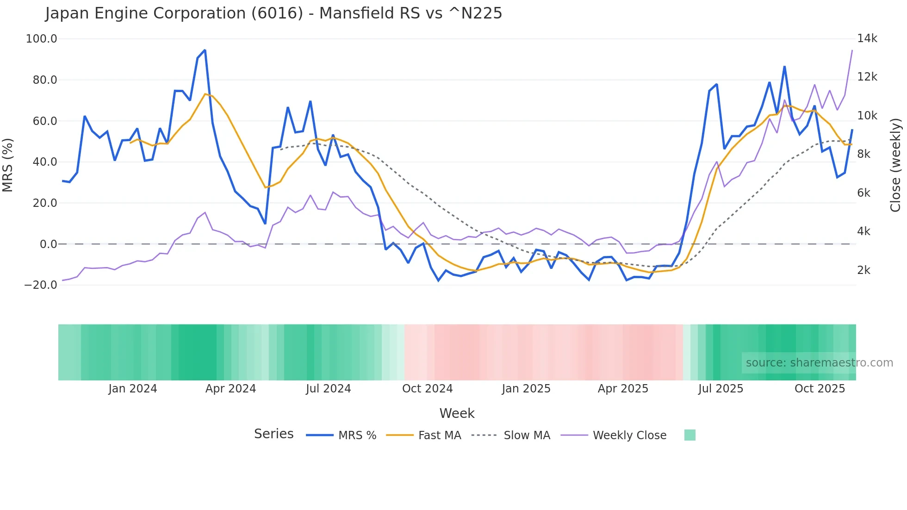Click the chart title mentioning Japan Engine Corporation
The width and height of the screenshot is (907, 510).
point(273,13)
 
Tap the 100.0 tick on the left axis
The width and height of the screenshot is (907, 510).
point(41,39)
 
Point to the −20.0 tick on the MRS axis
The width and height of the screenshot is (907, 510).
point(41,285)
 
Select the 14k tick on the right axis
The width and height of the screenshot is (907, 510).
point(867,38)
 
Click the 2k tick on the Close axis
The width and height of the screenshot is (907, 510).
point(864,270)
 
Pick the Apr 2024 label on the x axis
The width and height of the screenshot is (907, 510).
point(230,389)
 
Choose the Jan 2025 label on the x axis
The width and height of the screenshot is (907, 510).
point(526,389)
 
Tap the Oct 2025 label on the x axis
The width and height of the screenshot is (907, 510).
point(820,389)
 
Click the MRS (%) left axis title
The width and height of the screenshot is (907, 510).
point(8,165)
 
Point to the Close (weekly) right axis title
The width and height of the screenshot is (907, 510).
point(895,165)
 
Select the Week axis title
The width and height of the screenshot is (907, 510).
point(457,413)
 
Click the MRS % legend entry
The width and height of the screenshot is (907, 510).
point(357,435)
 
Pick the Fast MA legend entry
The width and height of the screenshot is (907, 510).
point(439,435)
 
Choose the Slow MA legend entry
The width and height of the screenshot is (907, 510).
point(527,435)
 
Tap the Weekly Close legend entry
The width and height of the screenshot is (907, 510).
point(629,435)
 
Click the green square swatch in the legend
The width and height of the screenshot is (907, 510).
point(690,435)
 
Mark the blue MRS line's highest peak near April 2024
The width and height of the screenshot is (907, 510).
point(205,50)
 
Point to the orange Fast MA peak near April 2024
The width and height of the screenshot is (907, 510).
point(205,94)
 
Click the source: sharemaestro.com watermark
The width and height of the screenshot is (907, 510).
point(819,363)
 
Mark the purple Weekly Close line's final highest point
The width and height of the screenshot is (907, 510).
point(852,50)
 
